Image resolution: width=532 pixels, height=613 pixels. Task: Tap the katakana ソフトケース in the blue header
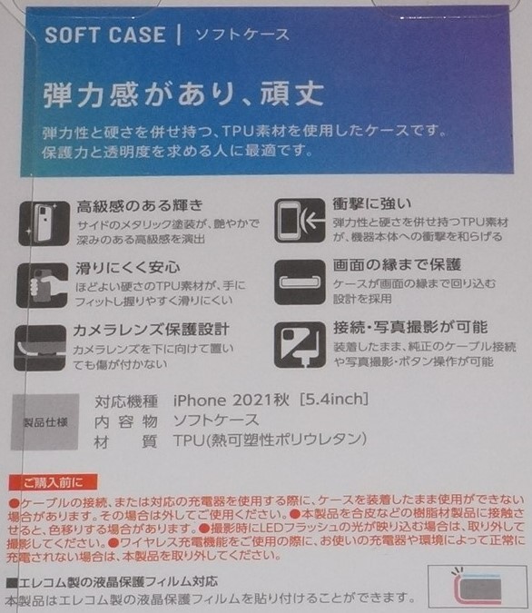[x=243, y=36]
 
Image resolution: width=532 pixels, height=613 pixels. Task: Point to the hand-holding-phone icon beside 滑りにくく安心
[x=40, y=282]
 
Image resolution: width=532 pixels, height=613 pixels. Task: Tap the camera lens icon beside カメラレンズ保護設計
[x=41, y=346]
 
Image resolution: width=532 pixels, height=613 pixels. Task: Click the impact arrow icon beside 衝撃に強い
[x=300, y=221]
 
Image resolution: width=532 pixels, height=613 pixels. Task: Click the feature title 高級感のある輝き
[x=140, y=204]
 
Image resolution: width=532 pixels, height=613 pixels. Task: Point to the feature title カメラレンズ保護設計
[x=153, y=328]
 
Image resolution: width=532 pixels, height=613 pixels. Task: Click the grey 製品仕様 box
[x=44, y=422]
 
